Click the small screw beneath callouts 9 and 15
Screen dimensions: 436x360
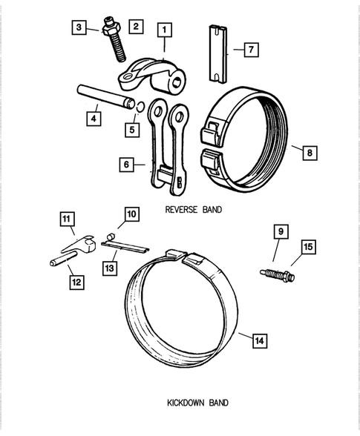(278, 276)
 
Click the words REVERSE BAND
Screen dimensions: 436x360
(193, 210)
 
